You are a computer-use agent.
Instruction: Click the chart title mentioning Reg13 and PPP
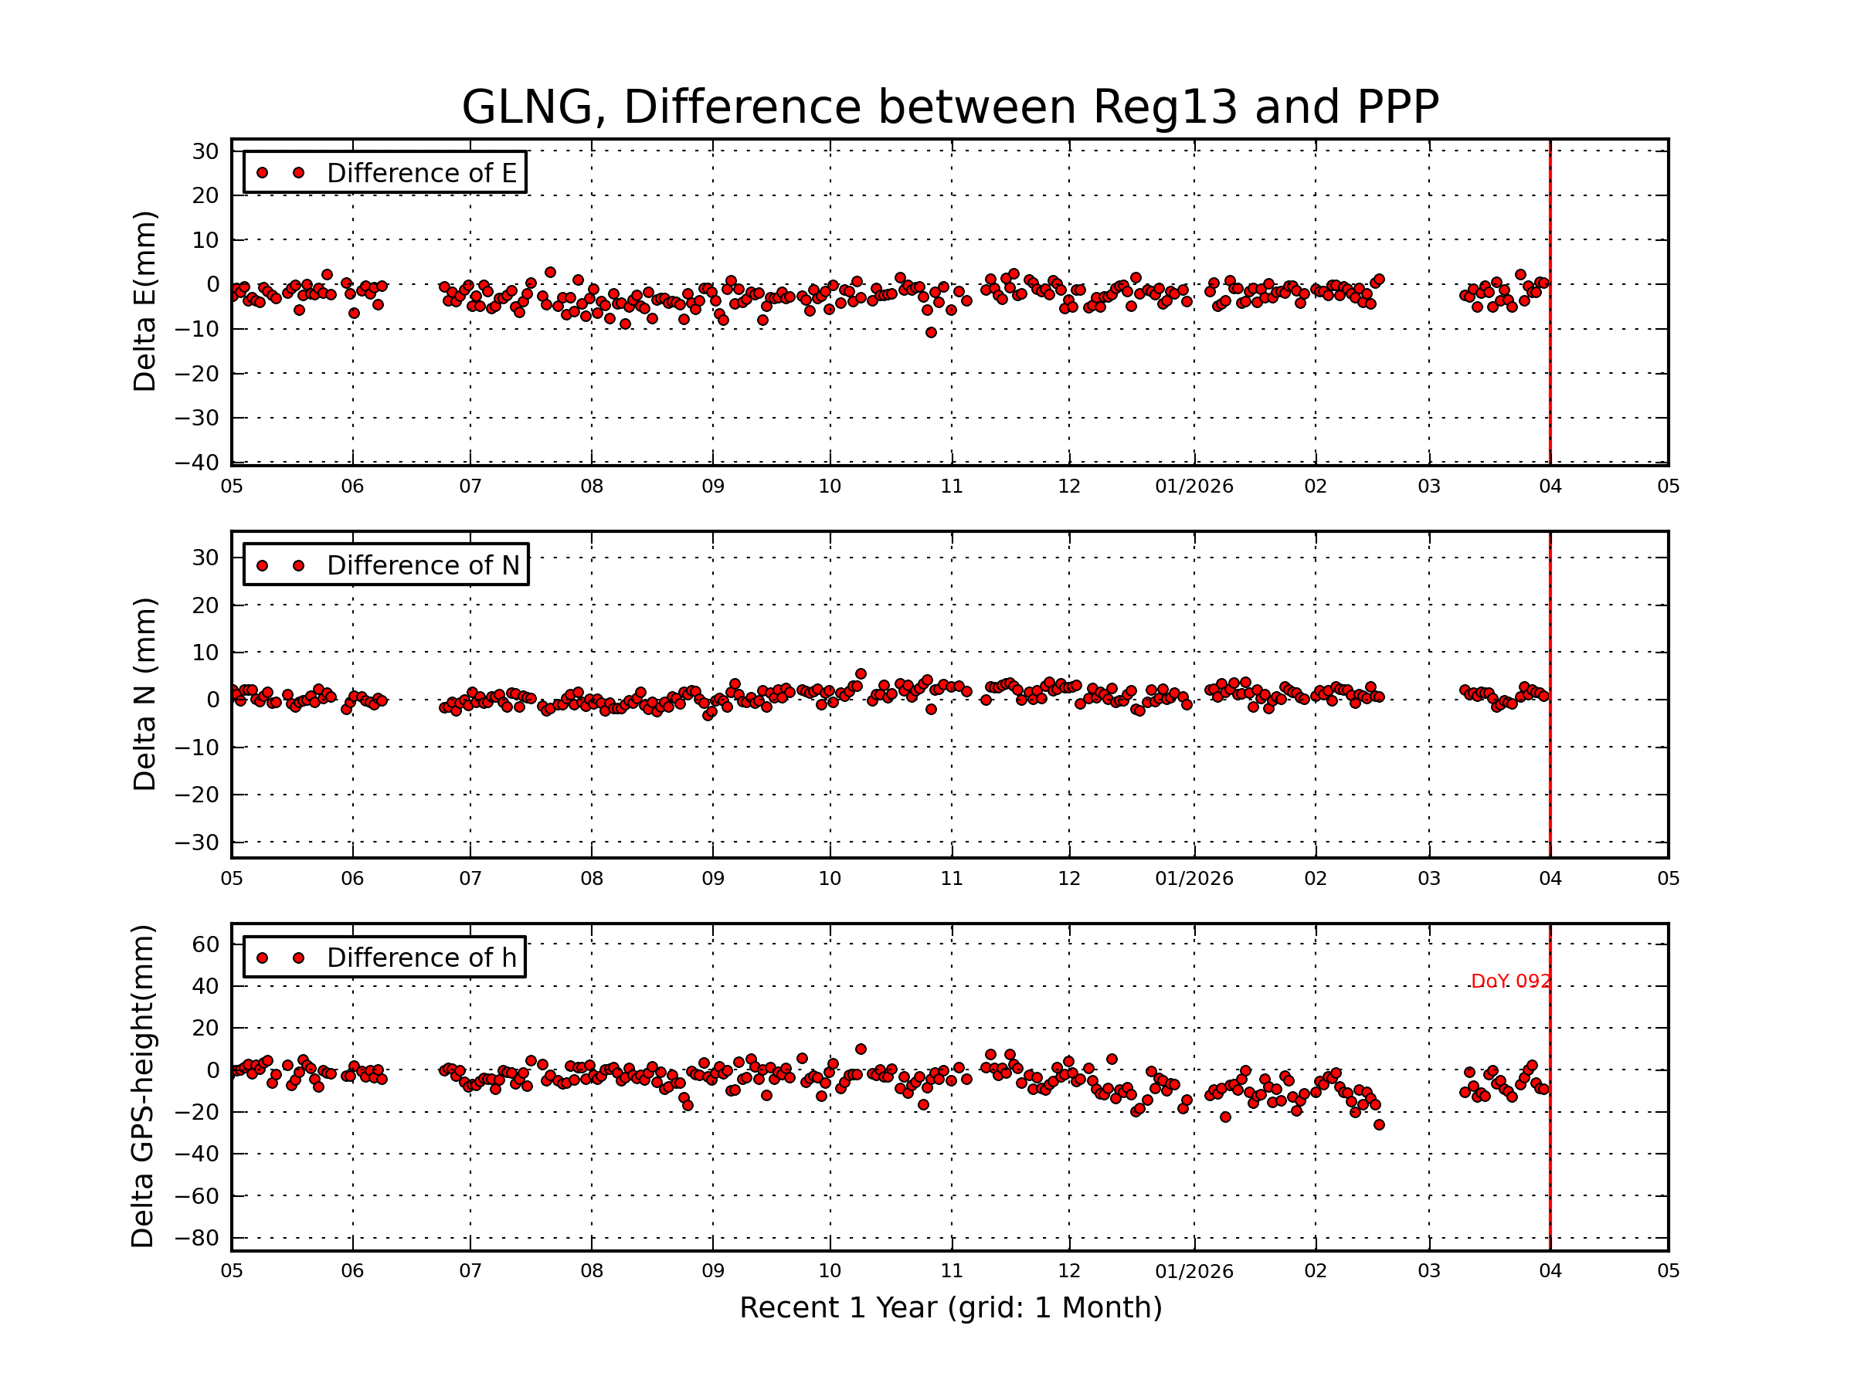click(949, 107)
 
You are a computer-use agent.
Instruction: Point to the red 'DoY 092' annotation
click(1510, 981)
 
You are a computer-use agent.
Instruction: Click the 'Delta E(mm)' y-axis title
click(144, 301)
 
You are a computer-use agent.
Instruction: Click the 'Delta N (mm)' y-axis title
click(144, 693)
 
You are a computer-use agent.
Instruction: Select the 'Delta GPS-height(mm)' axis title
click(142, 1087)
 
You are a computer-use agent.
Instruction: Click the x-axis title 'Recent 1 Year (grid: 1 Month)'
click(950, 1308)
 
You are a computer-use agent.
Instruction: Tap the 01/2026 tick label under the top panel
click(1194, 486)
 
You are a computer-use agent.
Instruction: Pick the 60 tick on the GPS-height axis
click(205, 944)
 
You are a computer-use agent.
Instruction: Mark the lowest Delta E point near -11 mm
click(930, 333)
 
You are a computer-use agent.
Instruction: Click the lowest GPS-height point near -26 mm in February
click(1379, 1124)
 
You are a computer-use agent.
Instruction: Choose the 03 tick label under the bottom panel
click(1429, 1271)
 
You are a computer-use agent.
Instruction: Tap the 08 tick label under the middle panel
click(592, 879)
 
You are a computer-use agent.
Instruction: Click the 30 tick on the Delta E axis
click(205, 151)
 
